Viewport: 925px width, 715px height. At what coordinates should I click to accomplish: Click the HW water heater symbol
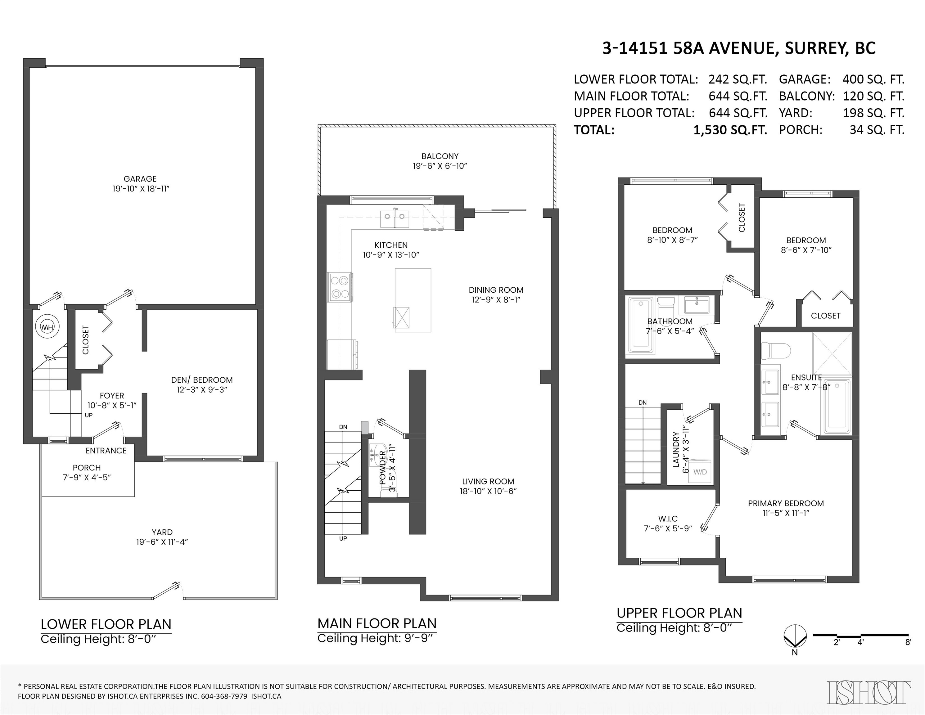(x=47, y=327)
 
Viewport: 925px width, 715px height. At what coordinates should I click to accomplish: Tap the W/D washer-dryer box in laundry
(x=700, y=472)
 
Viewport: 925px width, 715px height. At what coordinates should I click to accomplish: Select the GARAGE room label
(x=140, y=179)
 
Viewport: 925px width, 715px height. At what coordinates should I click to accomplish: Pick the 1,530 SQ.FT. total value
(x=730, y=130)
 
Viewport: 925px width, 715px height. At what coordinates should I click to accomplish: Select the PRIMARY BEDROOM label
(x=786, y=503)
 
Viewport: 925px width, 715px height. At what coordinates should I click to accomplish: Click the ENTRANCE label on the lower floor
(x=106, y=451)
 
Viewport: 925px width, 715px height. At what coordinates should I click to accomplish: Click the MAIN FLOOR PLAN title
(x=377, y=623)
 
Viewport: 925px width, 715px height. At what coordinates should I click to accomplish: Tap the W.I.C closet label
(x=668, y=519)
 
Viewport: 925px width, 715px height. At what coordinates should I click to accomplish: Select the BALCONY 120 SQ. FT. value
(x=873, y=96)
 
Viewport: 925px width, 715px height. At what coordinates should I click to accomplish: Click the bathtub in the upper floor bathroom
(x=641, y=325)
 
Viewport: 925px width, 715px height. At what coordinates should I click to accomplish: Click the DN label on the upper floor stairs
(x=643, y=402)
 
